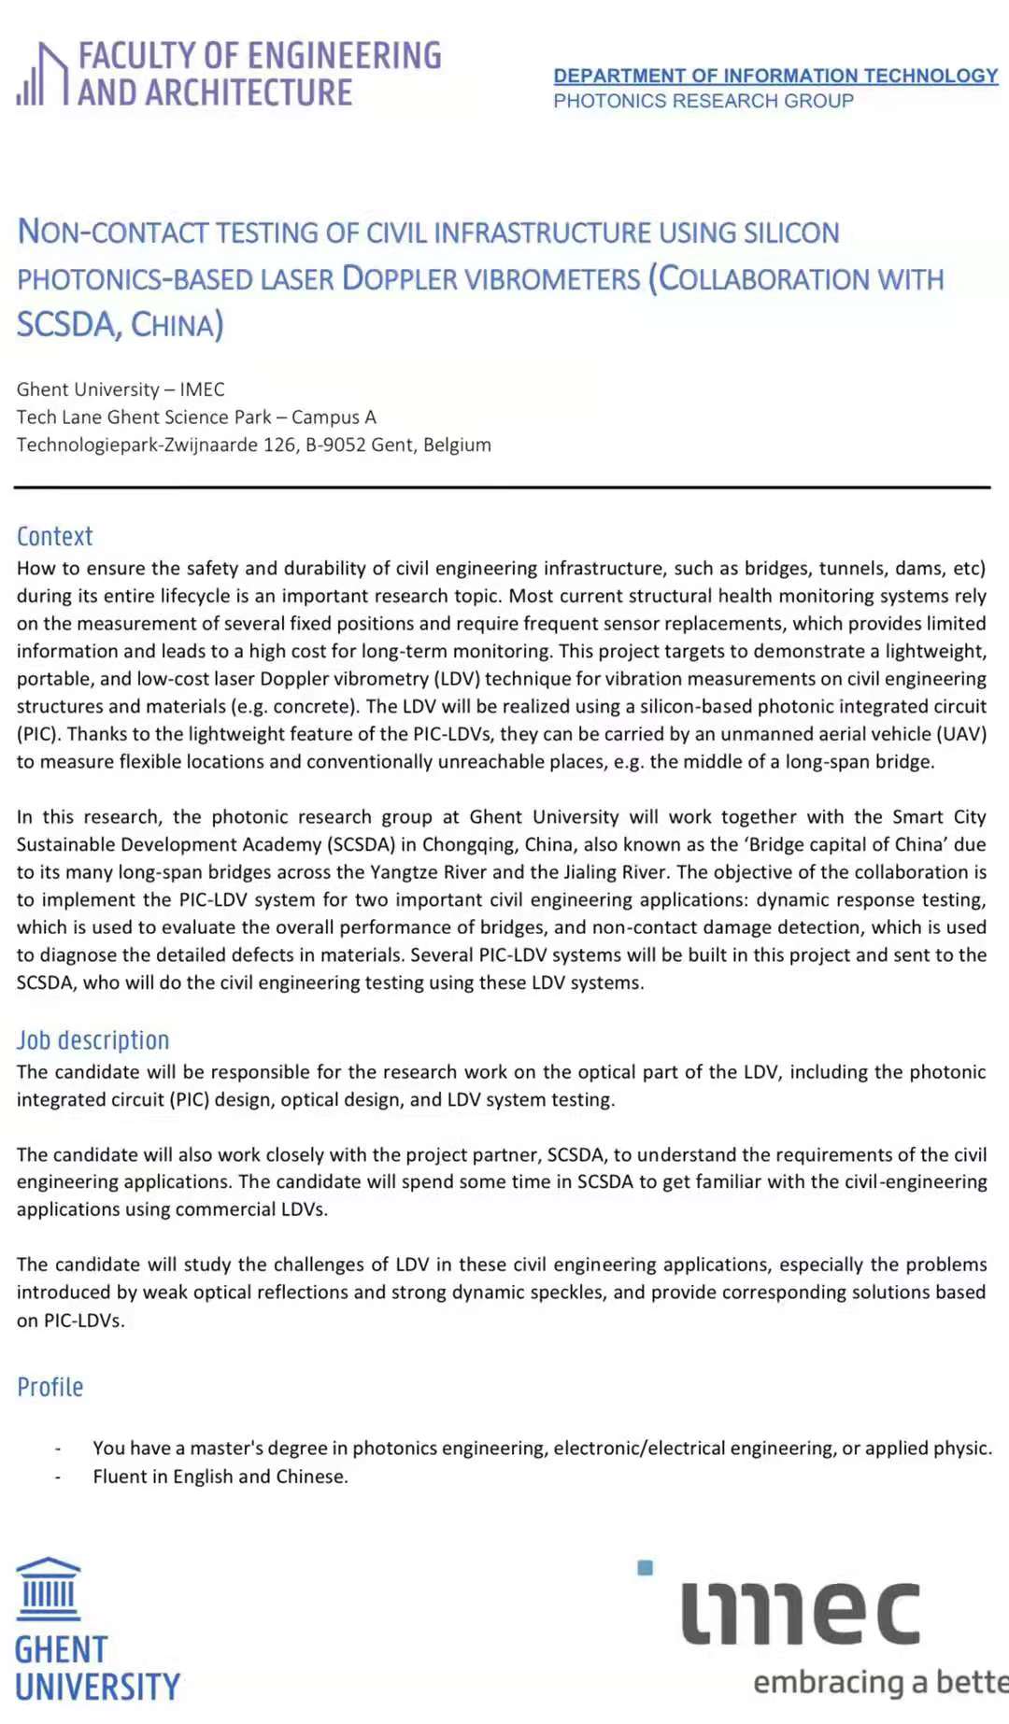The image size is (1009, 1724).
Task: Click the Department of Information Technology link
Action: (775, 76)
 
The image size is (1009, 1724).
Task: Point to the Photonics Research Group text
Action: (703, 101)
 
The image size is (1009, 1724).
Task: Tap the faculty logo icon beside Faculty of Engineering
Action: (43, 74)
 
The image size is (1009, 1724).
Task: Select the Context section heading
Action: (54, 536)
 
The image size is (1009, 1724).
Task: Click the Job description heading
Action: (92, 1039)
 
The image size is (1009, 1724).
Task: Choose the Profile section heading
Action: (50, 1387)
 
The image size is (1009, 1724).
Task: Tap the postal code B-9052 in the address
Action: (335, 445)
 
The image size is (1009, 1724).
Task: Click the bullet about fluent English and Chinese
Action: (220, 1477)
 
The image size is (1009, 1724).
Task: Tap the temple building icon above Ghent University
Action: (49, 1588)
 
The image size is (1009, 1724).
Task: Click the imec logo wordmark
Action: (801, 1613)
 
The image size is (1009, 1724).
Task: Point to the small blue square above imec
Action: (645, 1567)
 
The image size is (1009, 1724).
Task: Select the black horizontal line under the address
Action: (502, 488)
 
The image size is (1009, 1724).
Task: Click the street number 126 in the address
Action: (279, 445)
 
